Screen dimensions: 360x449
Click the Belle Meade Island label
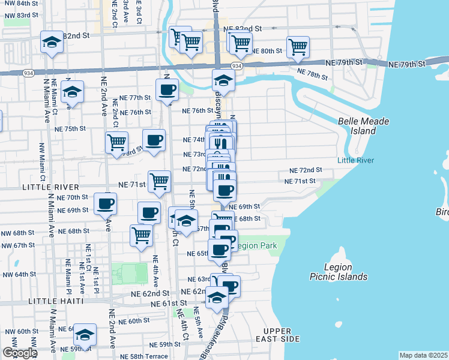pyautogui.click(x=363, y=125)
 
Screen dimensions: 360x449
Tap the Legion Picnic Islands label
pyautogui.click(x=346, y=272)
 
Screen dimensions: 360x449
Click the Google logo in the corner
pyautogui.click(x=19, y=353)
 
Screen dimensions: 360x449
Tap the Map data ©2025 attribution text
pyautogui.click(x=423, y=355)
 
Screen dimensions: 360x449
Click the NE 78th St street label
pyautogui.click(x=313, y=74)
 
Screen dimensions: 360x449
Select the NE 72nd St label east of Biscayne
pyautogui.click(x=306, y=170)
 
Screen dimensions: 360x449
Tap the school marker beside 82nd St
pyautogui.click(x=52, y=42)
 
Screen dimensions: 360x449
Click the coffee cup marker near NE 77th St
pyautogui.click(x=167, y=90)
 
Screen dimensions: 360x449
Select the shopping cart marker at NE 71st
pyautogui.click(x=160, y=181)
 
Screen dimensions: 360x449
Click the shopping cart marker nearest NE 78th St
pyautogui.click(x=298, y=46)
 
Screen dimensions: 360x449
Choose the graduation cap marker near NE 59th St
pyautogui.click(x=85, y=334)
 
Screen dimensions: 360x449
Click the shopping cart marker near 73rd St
pyautogui.click(x=116, y=142)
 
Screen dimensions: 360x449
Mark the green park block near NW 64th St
pyautogui.click(x=129, y=274)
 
